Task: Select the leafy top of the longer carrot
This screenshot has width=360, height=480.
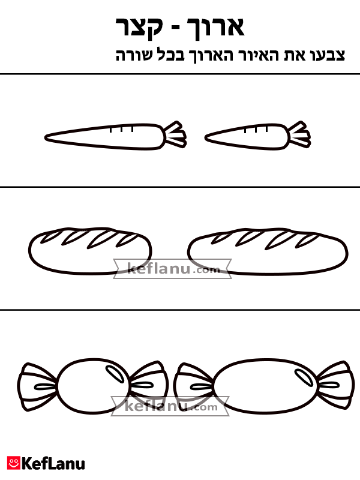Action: (176, 134)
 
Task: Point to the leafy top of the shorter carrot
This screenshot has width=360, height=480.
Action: (300, 134)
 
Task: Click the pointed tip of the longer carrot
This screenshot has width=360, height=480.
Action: (46, 138)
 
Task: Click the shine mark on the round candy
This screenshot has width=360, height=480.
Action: (115, 373)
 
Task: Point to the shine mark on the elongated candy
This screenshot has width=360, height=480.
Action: (304, 377)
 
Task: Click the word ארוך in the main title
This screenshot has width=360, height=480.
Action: (216, 28)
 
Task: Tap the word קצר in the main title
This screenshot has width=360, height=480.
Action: (139, 28)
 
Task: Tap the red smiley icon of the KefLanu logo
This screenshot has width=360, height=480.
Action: (14, 463)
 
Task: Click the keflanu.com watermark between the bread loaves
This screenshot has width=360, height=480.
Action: (172, 269)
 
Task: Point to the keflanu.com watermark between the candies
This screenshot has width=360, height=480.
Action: (170, 406)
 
